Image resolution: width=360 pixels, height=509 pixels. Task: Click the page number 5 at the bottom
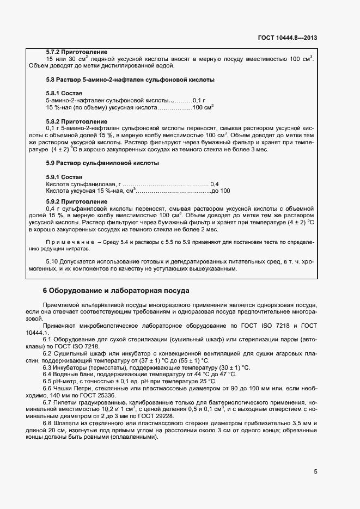coord(315,471)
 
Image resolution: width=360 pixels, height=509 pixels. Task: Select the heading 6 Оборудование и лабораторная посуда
coord(116,290)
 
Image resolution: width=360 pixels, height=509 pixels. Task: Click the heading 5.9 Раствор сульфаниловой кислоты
coord(102,163)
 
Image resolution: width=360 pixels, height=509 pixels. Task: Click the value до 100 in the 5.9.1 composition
coord(221,191)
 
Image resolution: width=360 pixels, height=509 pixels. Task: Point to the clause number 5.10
coord(52,262)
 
